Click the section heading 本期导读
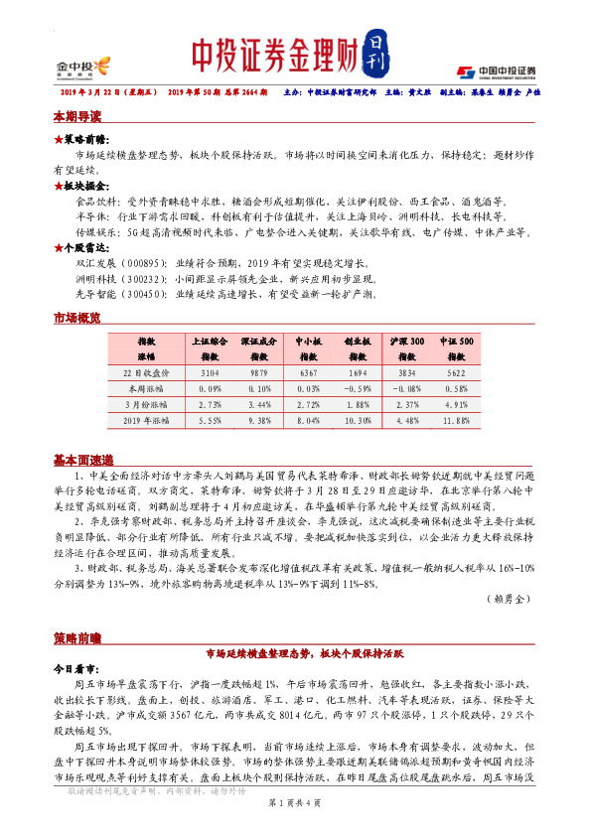click(78, 116)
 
